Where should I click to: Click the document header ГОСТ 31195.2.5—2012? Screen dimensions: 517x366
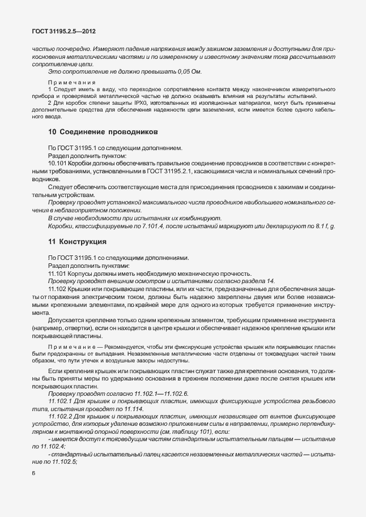[62, 32]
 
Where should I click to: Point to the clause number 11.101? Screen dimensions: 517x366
[58, 273]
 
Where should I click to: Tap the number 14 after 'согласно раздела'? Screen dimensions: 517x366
[270, 281]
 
